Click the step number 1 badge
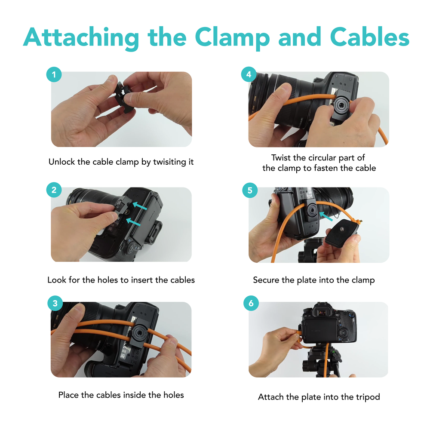click(54, 74)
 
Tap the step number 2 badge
click(54, 190)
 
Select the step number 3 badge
click(55, 303)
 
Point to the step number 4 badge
click(249, 74)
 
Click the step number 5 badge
click(250, 190)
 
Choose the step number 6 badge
click(251, 303)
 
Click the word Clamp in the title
click(233, 38)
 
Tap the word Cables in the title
click(370, 37)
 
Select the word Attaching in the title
click(81, 38)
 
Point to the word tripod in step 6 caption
click(368, 397)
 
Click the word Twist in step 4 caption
click(280, 158)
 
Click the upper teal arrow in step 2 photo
click(140, 206)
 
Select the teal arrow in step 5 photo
click(326, 216)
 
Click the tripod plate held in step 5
click(342, 231)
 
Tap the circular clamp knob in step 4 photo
click(341, 106)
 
